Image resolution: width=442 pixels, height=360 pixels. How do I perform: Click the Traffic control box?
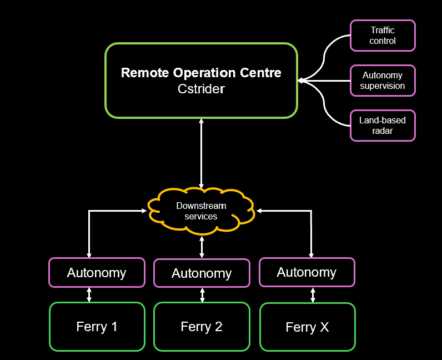[x=383, y=36]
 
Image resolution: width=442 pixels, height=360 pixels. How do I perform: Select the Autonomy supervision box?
[x=383, y=81]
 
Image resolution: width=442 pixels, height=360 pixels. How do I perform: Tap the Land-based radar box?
[x=383, y=126]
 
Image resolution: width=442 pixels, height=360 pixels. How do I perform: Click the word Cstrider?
[x=201, y=89]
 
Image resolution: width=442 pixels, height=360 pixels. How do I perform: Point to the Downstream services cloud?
[x=201, y=211]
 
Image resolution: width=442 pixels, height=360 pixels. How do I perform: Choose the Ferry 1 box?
[x=97, y=327]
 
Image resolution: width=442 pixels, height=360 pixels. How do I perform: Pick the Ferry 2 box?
[x=202, y=327]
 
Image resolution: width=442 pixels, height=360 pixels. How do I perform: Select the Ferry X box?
[x=307, y=327]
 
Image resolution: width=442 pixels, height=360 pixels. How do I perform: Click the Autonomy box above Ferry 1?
[x=97, y=273]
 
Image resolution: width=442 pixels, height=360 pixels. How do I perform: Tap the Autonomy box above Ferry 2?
[x=202, y=273]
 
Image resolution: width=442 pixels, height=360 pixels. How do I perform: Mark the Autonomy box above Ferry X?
[x=307, y=272]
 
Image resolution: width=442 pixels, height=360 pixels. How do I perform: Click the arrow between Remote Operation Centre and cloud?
[x=201, y=153]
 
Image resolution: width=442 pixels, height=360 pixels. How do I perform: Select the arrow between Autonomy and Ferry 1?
[x=89, y=294]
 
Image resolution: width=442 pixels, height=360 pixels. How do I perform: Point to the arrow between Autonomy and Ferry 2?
[x=202, y=295]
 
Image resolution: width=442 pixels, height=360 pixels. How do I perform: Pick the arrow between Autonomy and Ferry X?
[x=313, y=294]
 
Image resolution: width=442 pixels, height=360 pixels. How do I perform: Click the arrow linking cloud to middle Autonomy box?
[x=202, y=246]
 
